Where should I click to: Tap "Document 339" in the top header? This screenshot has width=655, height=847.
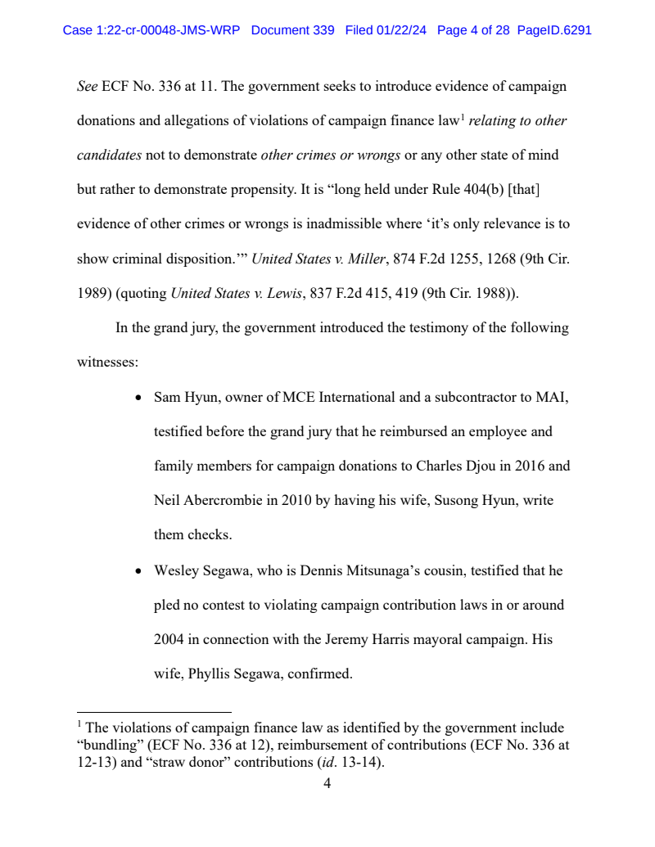tap(292, 30)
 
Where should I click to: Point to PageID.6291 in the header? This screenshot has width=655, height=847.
tap(554, 30)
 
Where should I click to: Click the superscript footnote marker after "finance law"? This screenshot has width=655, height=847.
tap(462, 117)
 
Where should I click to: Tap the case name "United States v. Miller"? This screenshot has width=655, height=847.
tap(318, 259)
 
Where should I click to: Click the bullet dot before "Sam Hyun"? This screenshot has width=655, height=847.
tap(138, 398)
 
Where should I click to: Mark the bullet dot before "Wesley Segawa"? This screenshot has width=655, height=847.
tap(138, 571)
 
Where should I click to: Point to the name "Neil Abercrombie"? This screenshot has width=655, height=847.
tap(208, 501)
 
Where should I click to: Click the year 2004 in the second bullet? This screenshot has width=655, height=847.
tap(169, 640)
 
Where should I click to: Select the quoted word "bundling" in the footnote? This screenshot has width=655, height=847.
tap(111, 746)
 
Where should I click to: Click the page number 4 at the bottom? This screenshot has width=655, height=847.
tap(327, 784)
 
